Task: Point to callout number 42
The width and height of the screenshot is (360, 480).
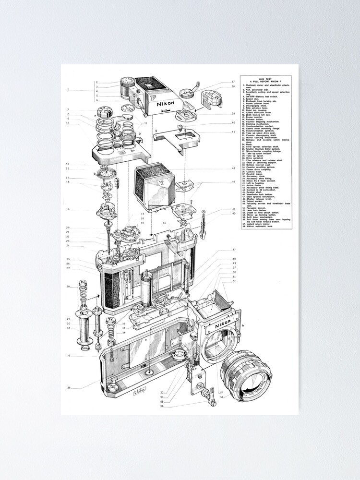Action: click(234, 168)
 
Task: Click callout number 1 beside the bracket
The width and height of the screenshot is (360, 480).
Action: click(68, 90)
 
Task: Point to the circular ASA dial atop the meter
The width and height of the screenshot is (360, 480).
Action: click(127, 82)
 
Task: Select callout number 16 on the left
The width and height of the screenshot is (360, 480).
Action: click(68, 209)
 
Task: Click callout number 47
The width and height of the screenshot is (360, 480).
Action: click(234, 250)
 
